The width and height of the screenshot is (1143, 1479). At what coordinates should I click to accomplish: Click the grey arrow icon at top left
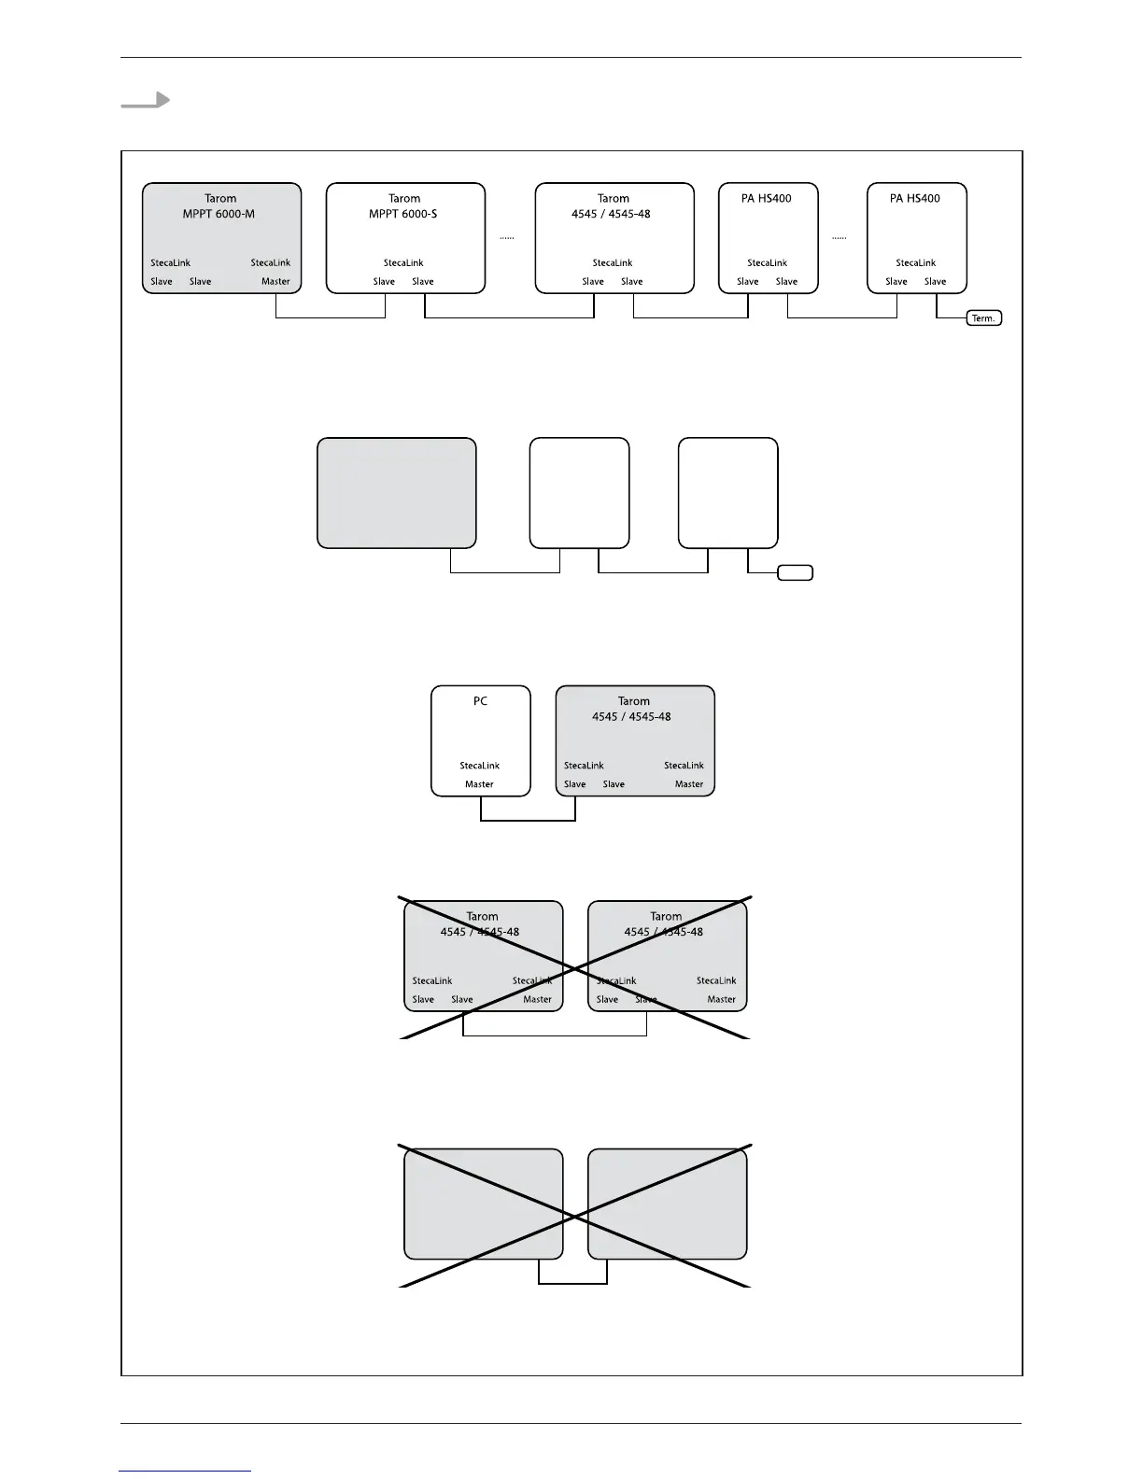pos(146,101)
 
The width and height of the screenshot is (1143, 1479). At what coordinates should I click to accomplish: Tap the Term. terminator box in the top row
pos(983,318)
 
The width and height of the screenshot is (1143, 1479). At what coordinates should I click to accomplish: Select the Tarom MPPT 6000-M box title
pos(219,206)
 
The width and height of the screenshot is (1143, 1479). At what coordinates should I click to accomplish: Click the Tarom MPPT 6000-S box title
pos(403,206)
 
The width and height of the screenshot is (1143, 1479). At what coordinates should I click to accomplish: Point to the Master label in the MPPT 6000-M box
pos(275,281)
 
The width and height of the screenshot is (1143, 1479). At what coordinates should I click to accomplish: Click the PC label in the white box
pos(480,701)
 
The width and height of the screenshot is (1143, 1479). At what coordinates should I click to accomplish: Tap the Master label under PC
pos(479,784)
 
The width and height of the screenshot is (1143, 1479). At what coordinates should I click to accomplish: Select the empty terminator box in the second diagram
pos(796,572)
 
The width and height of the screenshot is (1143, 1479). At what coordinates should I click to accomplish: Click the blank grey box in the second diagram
pos(397,493)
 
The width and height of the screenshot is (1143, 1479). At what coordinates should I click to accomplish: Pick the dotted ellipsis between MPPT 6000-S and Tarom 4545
pos(507,238)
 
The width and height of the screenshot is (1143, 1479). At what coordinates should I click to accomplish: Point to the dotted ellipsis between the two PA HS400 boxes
pos(840,238)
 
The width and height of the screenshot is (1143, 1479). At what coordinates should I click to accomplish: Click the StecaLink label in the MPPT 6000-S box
pos(403,263)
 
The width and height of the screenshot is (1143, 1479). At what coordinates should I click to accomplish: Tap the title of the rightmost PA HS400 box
pos(915,199)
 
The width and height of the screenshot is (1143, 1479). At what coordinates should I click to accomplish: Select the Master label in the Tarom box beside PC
pos(689,784)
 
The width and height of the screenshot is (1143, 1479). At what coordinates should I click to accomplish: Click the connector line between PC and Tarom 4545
pos(528,821)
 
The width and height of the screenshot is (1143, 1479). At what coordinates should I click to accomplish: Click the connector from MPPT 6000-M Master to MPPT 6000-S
pos(331,317)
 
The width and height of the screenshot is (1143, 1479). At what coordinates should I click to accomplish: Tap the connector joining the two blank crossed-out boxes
pos(573,1283)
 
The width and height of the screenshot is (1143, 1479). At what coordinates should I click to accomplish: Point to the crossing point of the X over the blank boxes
pos(574,1217)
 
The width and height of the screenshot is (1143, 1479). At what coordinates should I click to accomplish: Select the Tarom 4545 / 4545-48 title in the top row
pos(613,206)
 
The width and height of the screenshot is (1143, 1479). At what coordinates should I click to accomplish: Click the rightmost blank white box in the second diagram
pos(728,493)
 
